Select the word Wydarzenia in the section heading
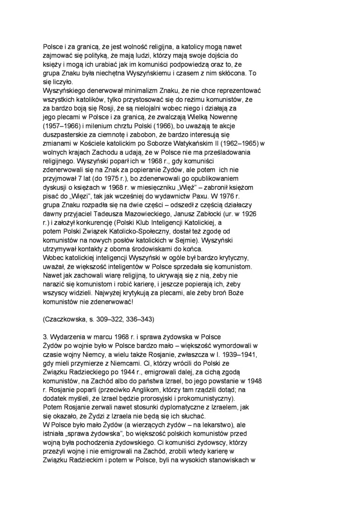pyautogui.click(x=66, y=337)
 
